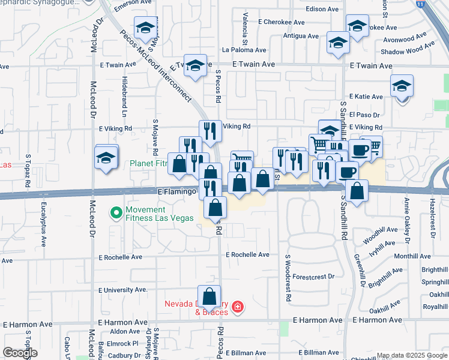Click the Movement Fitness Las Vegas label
click(160, 214)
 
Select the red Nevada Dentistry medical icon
click(238, 308)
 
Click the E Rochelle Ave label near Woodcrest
click(247, 255)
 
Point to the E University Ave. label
click(123, 289)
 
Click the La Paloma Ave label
click(244, 50)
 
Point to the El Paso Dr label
click(365, 115)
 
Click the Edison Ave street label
click(322, 9)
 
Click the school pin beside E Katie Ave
click(402, 86)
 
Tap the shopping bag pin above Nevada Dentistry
click(209, 297)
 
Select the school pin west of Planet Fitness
click(106, 158)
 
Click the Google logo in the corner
click(20, 353)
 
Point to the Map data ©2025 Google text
click(411, 355)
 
